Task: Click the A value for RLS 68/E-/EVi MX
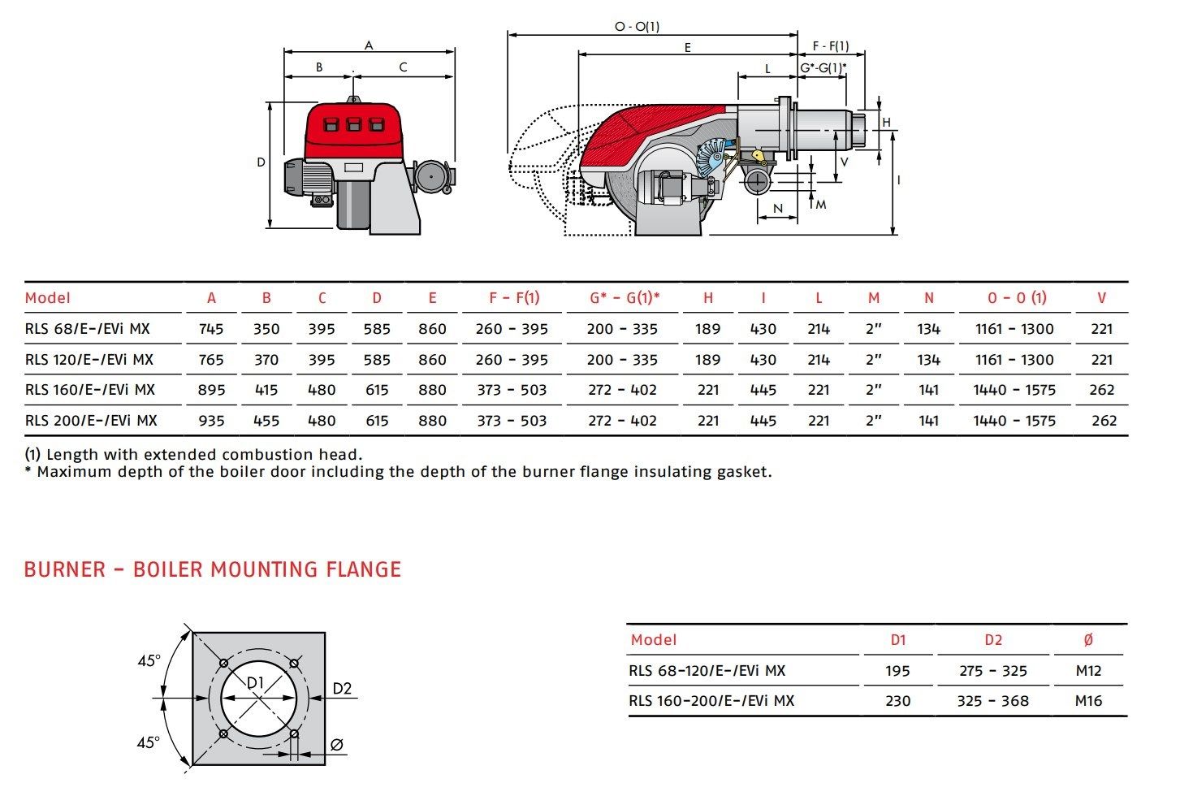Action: click(x=211, y=329)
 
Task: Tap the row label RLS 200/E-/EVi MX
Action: click(x=91, y=421)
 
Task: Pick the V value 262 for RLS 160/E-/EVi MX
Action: click(x=1102, y=390)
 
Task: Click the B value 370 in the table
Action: click(x=266, y=360)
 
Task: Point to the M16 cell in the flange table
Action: click(x=1088, y=701)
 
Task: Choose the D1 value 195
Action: click(x=897, y=671)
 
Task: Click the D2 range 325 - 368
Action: click(x=992, y=701)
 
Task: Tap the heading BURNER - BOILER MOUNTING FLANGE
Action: click(x=213, y=569)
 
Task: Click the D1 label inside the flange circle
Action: click(x=256, y=683)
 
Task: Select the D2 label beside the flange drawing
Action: click(x=342, y=689)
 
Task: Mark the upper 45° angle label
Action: click(x=149, y=661)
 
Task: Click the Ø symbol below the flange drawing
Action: click(x=338, y=744)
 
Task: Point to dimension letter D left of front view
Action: click(x=261, y=162)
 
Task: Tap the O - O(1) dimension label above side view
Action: click(x=637, y=27)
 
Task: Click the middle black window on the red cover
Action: click(x=353, y=125)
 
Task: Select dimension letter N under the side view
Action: click(x=778, y=209)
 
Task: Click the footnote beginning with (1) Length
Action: click(x=193, y=455)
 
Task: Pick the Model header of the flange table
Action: click(x=654, y=640)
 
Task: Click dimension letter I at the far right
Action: click(x=899, y=180)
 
